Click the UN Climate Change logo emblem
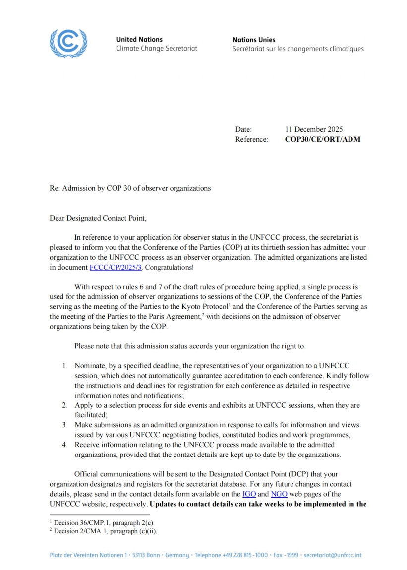point(68,43)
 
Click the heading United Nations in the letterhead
point(139,39)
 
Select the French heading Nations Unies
point(254,39)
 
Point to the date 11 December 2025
point(314,130)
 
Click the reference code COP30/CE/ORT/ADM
point(323,139)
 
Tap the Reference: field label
point(251,139)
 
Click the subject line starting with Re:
point(130,188)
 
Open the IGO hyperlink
point(249,494)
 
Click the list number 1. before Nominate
point(65,366)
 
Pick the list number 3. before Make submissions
point(65,425)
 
